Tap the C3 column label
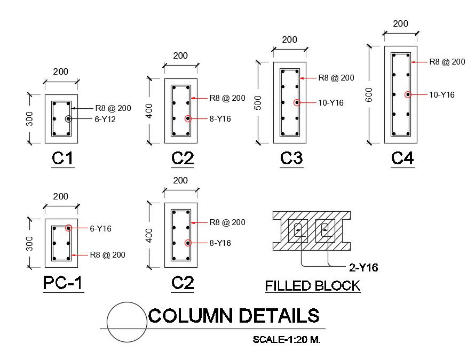(291, 158)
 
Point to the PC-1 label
(62, 284)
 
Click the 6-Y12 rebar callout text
(106, 119)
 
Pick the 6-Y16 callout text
(100, 228)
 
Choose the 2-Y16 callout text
(363, 268)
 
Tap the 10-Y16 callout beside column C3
(331, 102)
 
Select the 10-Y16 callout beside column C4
(442, 95)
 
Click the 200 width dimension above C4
(400, 23)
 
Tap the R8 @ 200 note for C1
(113, 108)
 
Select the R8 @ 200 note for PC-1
(107, 255)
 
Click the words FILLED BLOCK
(313, 286)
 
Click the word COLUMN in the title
(190, 316)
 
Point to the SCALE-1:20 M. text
(287, 339)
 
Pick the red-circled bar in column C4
(408, 94)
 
